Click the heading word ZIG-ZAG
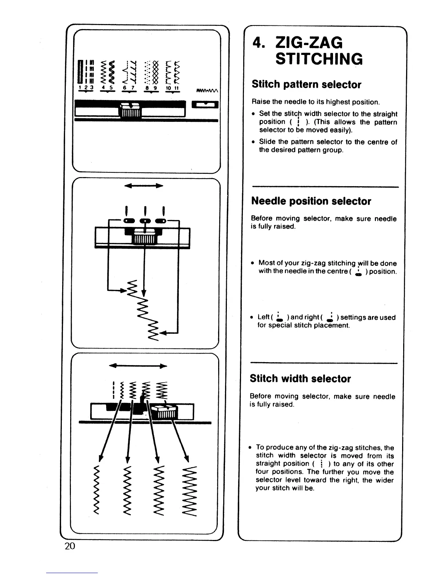[x=309, y=43]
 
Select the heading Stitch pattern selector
[x=306, y=85]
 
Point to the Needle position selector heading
[x=311, y=201]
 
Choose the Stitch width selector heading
[x=300, y=379]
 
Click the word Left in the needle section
[x=263, y=317]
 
